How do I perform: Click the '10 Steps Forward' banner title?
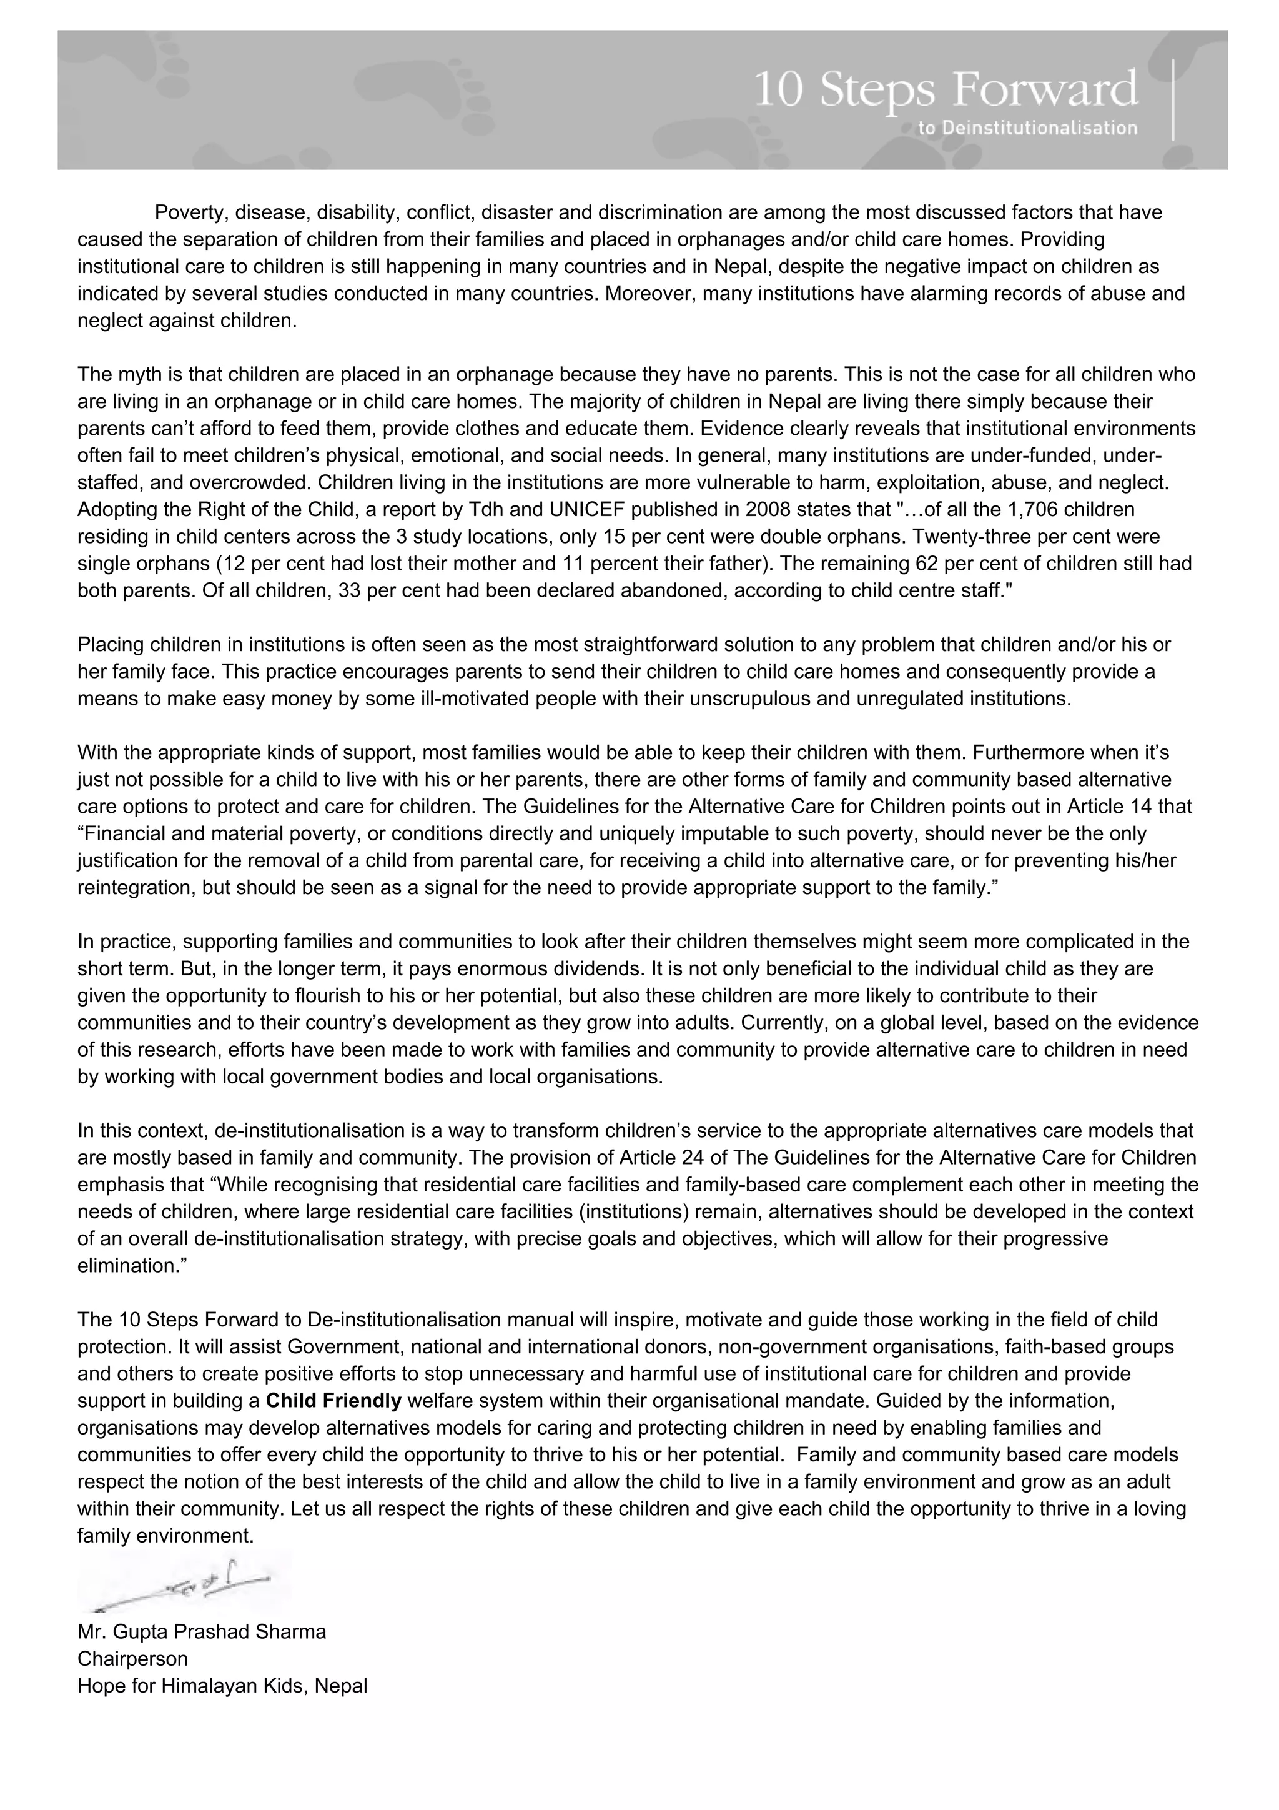(x=945, y=90)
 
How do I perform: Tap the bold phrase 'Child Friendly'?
(x=334, y=1401)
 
